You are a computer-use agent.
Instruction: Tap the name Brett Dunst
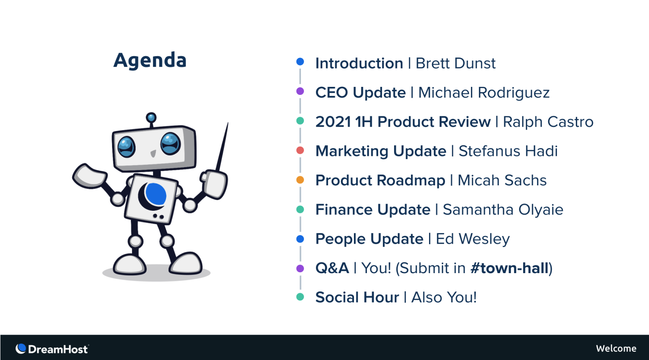pyautogui.click(x=455, y=63)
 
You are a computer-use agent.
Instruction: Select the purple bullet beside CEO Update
pyautogui.click(x=300, y=91)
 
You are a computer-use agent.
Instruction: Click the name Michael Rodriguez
pyautogui.click(x=484, y=93)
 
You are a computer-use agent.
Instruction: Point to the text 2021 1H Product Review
pyautogui.click(x=403, y=122)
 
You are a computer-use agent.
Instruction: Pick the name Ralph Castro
pyautogui.click(x=548, y=122)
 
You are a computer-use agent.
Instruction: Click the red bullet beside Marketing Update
pyautogui.click(x=300, y=150)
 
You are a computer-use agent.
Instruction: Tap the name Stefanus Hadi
pyautogui.click(x=508, y=151)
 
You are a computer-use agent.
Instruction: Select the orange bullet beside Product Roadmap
pyautogui.click(x=300, y=180)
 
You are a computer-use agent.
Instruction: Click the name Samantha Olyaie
pyautogui.click(x=503, y=210)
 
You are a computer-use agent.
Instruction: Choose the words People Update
pyautogui.click(x=370, y=239)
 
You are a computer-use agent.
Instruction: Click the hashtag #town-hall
pyautogui.click(x=509, y=268)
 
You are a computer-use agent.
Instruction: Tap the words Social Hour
pyautogui.click(x=357, y=297)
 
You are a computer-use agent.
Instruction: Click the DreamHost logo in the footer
pyautogui.click(x=52, y=349)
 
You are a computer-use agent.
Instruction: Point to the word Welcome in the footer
pyautogui.click(x=616, y=348)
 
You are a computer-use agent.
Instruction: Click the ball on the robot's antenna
pyautogui.click(x=151, y=118)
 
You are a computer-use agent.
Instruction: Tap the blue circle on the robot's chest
pyautogui.click(x=156, y=194)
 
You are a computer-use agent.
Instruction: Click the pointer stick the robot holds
pyautogui.click(x=222, y=147)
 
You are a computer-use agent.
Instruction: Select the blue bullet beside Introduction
pyautogui.click(x=300, y=61)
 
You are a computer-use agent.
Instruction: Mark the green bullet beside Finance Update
pyautogui.click(x=300, y=209)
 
